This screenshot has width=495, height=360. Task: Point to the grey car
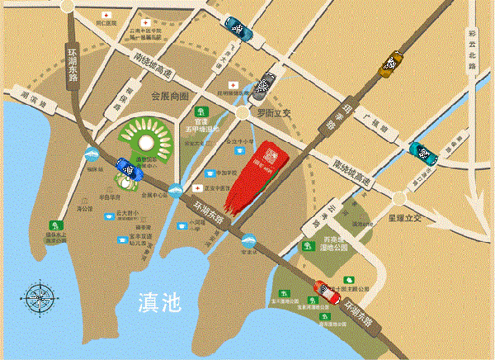point(265,83)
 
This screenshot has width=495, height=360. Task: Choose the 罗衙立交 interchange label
point(274,111)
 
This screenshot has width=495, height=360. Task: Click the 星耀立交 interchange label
point(405,219)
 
